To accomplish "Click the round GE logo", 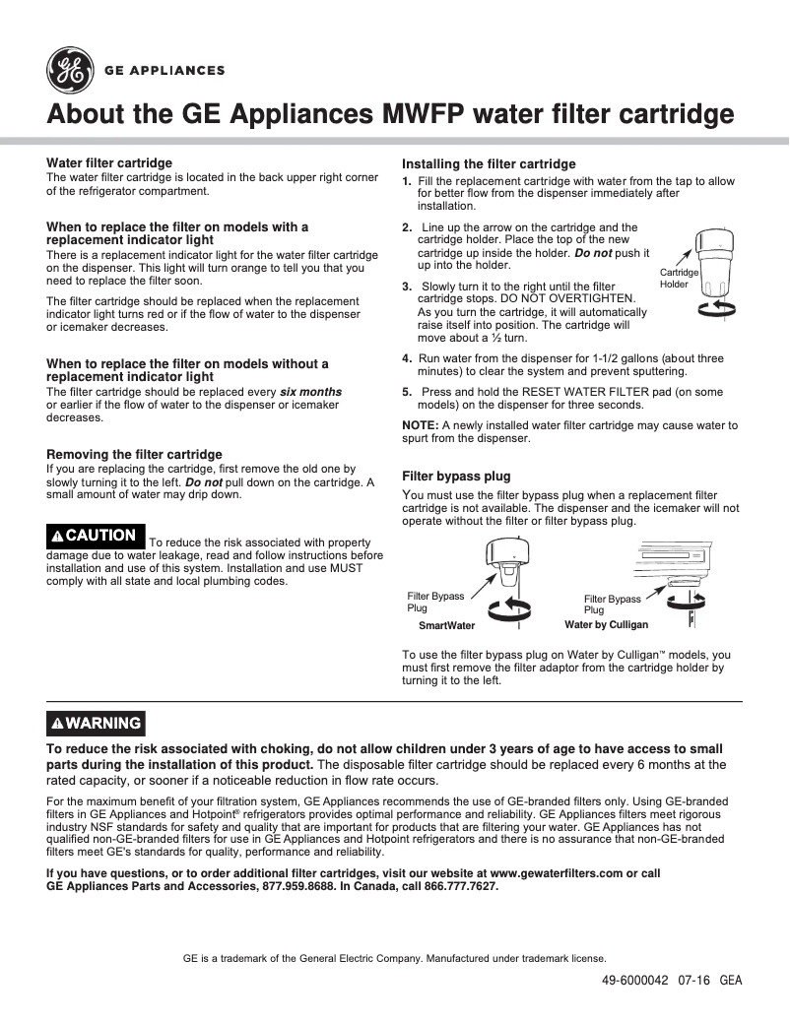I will click(x=68, y=70).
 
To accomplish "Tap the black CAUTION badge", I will click(x=96, y=536).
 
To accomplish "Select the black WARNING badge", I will click(x=97, y=723).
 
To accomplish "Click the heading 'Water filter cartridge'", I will click(x=109, y=162).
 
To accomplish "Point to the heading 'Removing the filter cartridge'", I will click(x=134, y=455).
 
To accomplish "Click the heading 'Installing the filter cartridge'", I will click(x=489, y=164).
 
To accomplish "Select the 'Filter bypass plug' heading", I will click(x=456, y=477).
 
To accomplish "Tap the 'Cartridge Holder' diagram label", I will click(x=678, y=278).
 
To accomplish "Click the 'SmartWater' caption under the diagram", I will click(x=446, y=625).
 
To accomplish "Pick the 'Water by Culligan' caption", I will click(x=606, y=625).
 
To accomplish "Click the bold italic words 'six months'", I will click(x=310, y=392).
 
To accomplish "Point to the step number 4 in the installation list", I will click(x=407, y=358).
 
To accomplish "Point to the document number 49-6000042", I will click(x=634, y=981).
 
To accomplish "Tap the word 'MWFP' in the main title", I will click(x=425, y=114).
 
